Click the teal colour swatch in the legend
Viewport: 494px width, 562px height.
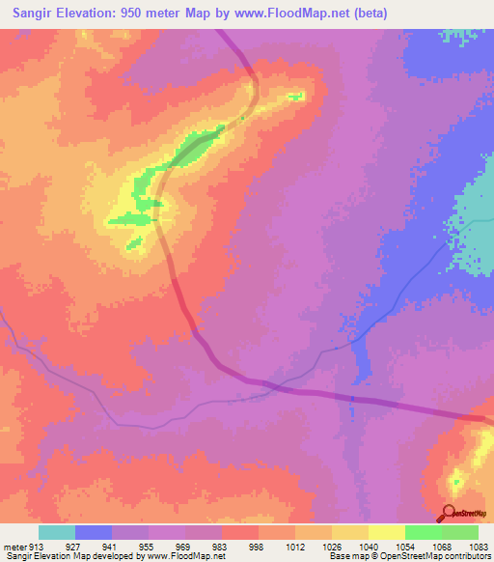coord(57,531)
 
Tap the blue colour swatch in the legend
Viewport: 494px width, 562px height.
coord(94,531)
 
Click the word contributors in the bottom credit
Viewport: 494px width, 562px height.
coord(467,555)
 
